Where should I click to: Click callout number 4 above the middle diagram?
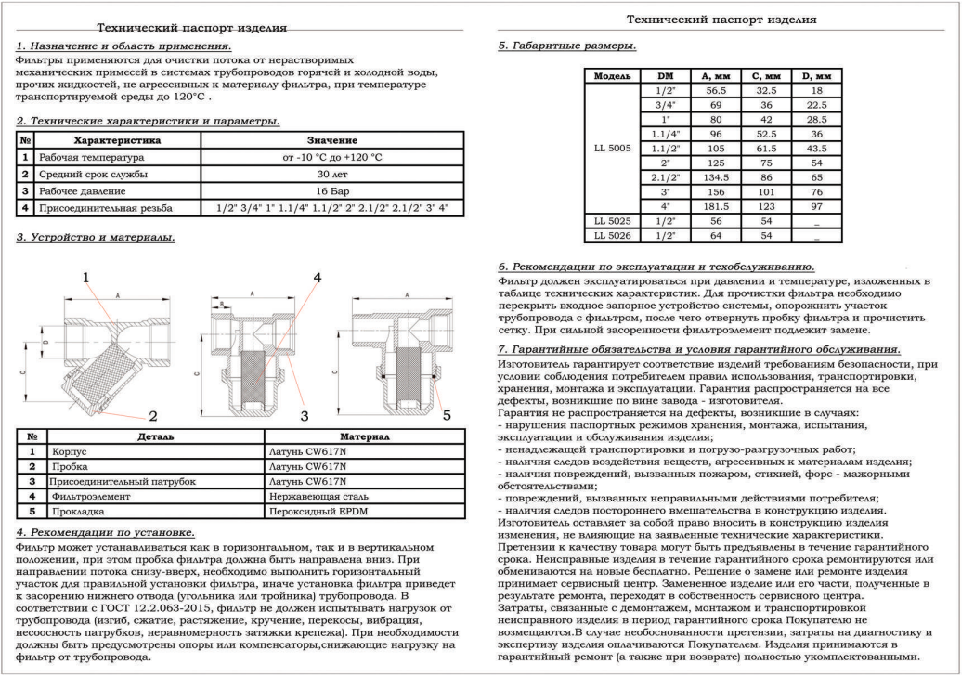pyautogui.click(x=317, y=278)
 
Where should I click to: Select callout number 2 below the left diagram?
pyautogui.click(x=152, y=416)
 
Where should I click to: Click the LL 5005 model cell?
pyautogui.click(x=613, y=147)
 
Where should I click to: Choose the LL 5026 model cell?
pyautogui.click(x=613, y=237)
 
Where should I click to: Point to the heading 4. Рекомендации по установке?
pyautogui.click(x=106, y=532)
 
